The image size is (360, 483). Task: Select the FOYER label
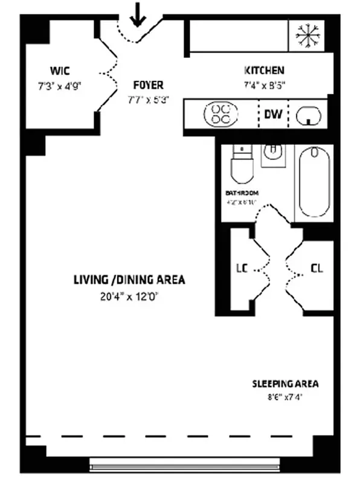point(148,85)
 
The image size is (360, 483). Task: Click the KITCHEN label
point(264,70)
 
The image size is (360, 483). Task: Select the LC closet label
point(241,268)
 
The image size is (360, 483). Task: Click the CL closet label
point(316,268)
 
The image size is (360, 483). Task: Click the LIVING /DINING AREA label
point(129,280)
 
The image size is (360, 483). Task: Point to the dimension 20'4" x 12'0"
point(129,296)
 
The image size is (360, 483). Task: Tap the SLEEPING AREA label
point(285,384)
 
